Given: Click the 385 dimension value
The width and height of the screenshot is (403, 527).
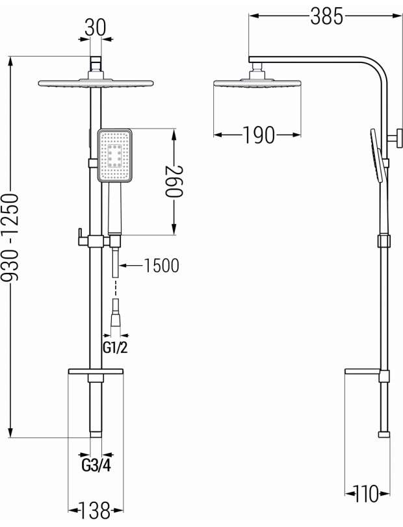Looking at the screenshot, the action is (x=326, y=16).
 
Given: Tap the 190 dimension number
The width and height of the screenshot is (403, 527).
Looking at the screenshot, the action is (x=258, y=135).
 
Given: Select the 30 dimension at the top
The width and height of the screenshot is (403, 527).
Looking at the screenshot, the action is (x=95, y=27).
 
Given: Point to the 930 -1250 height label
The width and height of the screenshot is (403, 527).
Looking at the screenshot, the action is (x=10, y=237).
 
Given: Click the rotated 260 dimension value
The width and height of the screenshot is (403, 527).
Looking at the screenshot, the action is (x=174, y=181).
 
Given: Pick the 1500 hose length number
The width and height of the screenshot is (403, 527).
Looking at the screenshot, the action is (x=161, y=266).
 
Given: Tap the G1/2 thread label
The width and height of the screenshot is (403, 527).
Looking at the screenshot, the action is (x=115, y=348).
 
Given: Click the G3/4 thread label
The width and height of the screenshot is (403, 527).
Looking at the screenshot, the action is (x=96, y=465).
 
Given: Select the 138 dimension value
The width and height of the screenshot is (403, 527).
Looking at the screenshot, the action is (x=94, y=510).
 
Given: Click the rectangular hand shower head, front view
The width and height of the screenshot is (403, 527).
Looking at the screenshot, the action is (x=114, y=155).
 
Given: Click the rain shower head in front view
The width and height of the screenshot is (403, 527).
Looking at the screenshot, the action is (x=96, y=83).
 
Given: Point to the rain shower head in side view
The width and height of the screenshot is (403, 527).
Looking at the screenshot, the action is (x=257, y=83).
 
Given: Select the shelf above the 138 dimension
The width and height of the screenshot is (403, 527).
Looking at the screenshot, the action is (x=96, y=372).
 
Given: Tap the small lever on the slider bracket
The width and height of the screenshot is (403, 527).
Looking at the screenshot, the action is (x=81, y=237).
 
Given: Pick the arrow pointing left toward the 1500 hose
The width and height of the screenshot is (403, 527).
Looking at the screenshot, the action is (x=131, y=266).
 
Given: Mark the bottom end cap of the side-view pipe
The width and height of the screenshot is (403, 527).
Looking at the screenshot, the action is (x=384, y=435).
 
